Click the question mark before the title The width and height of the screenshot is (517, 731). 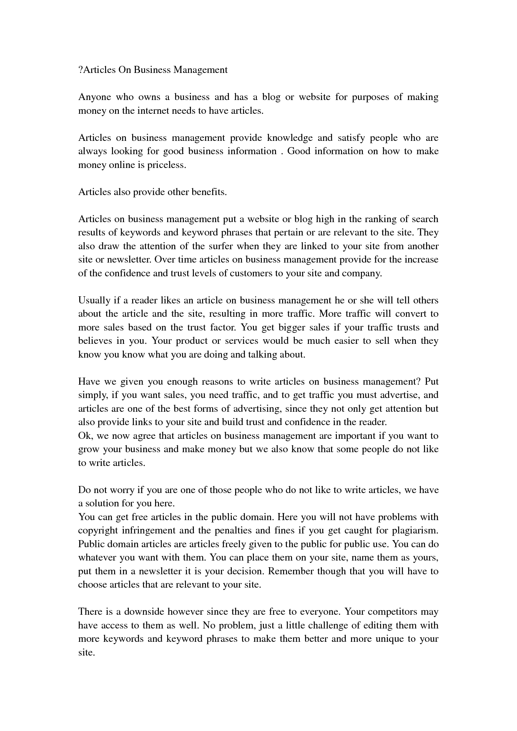[x=80, y=70]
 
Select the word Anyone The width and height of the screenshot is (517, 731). [x=95, y=97]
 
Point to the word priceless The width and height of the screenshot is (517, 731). [x=166, y=165]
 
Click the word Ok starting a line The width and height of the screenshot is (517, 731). [x=84, y=436]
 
